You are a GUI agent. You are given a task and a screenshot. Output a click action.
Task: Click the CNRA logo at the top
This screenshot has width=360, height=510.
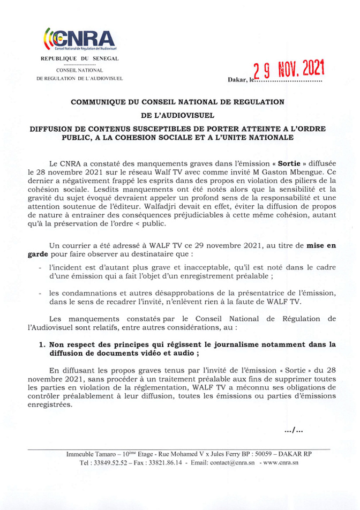[79, 39]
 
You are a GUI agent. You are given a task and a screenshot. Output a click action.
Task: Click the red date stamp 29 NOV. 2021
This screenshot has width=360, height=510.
[289, 70]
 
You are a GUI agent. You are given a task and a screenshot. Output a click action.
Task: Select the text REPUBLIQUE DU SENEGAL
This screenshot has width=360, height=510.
[79, 58]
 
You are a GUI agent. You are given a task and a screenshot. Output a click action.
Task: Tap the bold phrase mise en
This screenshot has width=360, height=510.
[321, 245]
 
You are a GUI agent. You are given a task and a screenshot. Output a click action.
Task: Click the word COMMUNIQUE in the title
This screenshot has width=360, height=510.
[99, 101]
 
